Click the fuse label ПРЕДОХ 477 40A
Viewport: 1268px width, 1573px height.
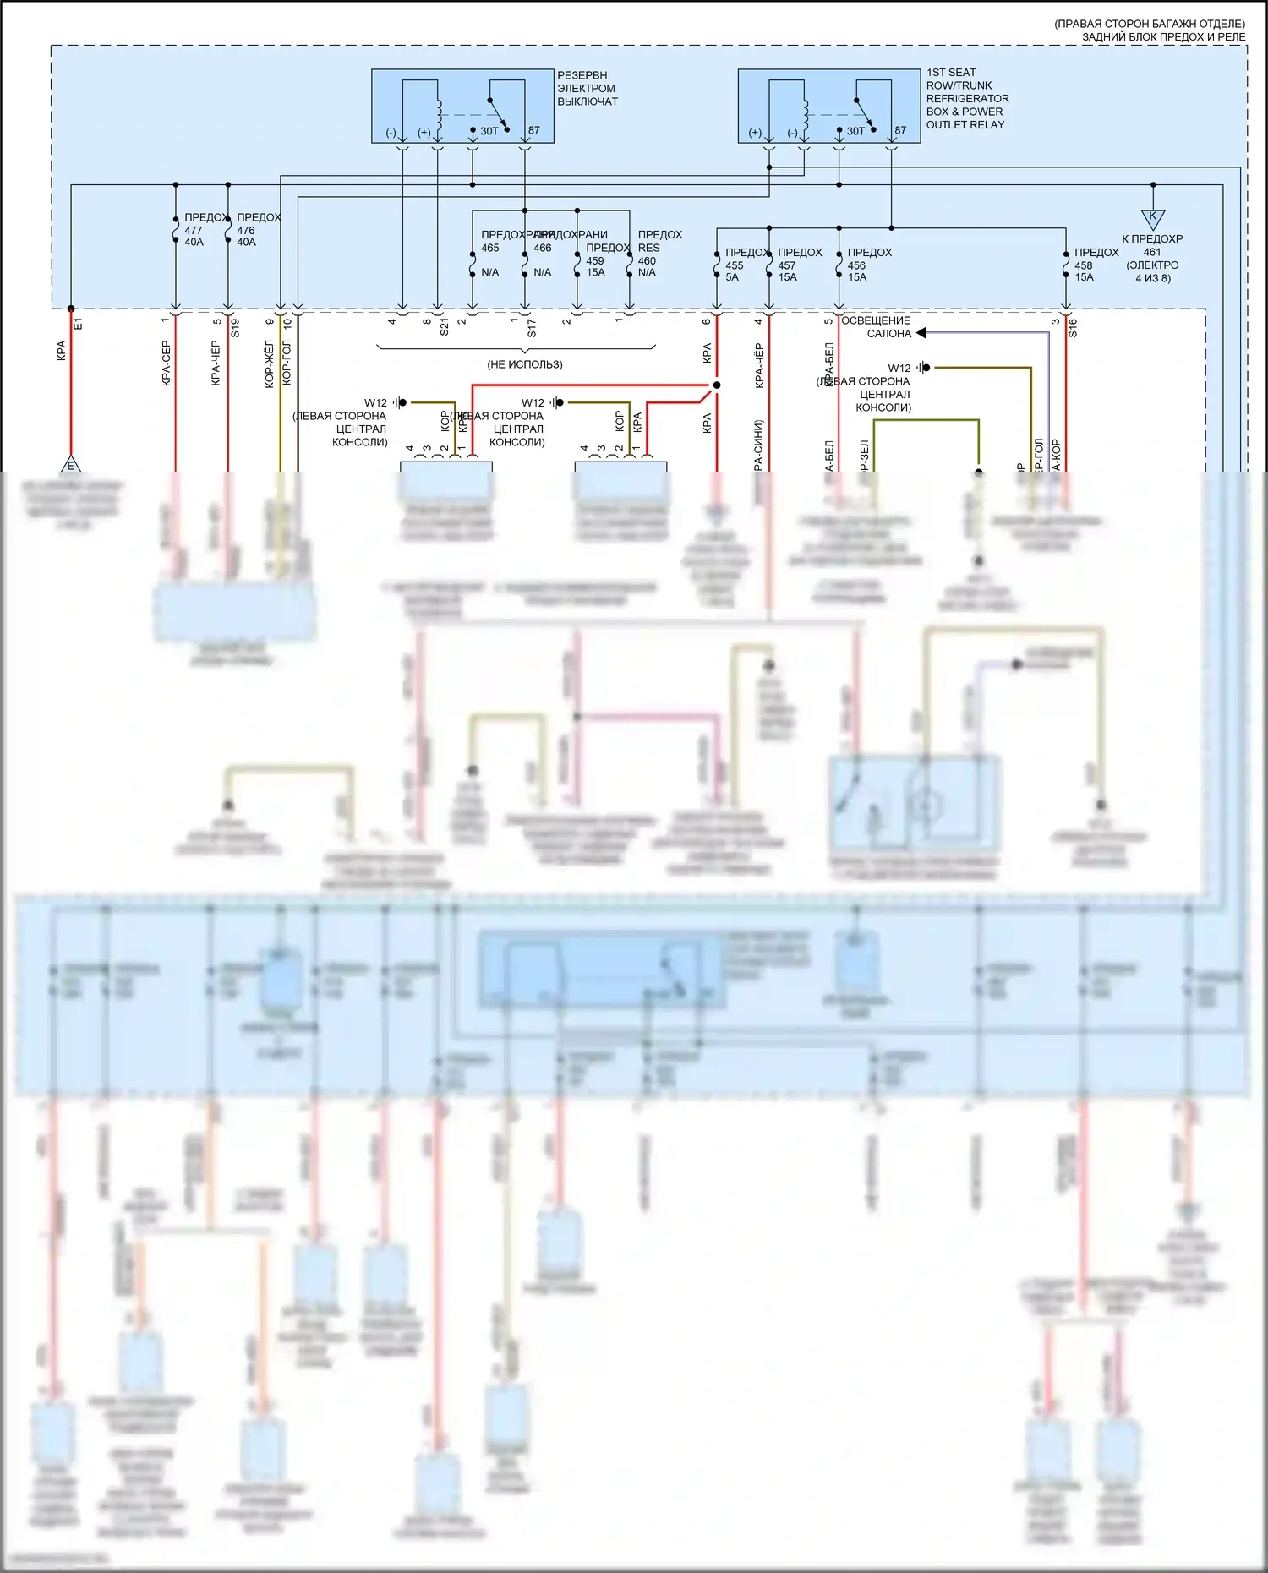point(201,230)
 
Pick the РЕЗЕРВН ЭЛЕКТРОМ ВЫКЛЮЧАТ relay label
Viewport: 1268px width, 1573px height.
point(587,88)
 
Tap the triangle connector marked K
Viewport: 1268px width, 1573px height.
point(1152,218)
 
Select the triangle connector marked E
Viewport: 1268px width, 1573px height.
point(71,465)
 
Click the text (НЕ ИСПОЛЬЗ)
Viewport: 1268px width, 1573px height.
point(524,364)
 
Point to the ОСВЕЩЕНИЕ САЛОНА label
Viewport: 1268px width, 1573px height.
point(877,327)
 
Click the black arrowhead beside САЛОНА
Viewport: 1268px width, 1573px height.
point(921,333)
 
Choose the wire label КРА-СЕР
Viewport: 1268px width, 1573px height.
point(166,363)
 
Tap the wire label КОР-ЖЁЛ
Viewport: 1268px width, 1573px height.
point(270,363)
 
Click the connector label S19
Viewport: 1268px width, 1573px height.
point(235,328)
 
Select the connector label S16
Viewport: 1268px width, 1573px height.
point(1073,328)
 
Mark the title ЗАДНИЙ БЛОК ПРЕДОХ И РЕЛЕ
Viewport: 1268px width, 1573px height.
point(1163,36)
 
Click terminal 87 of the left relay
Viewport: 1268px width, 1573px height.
point(533,130)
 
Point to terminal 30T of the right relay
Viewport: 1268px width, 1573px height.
point(855,131)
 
